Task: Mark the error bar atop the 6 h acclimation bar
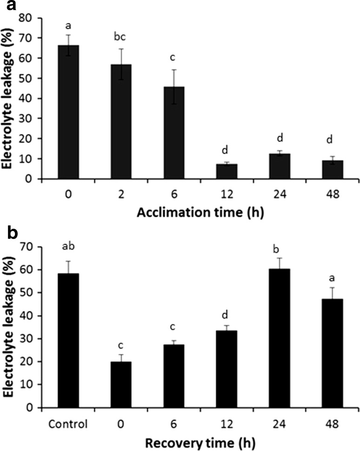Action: [173, 86]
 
